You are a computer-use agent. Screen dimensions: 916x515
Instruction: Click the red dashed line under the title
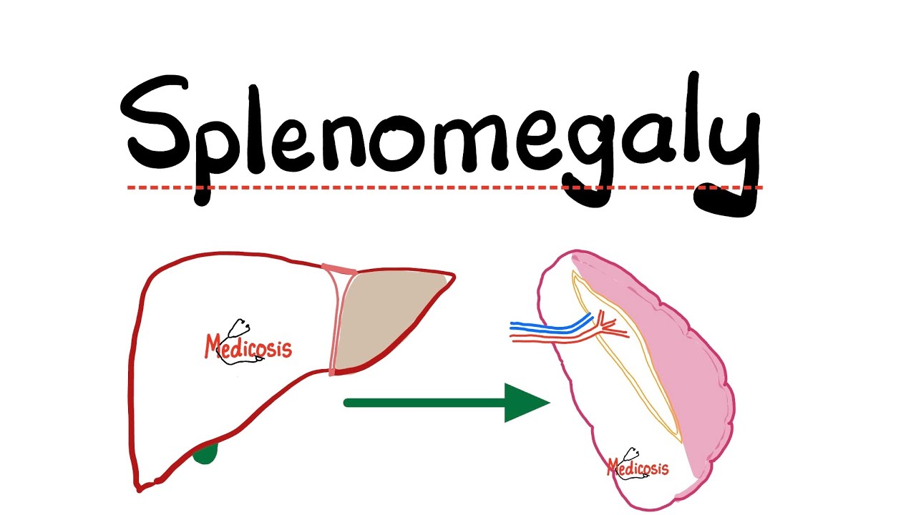(445, 187)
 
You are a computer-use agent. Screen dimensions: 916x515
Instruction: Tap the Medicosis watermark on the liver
(248, 348)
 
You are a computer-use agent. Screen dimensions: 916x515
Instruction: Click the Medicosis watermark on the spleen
(638, 466)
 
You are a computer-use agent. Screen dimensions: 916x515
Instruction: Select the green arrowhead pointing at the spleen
(523, 403)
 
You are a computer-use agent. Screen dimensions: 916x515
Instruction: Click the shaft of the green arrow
(425, 403)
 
